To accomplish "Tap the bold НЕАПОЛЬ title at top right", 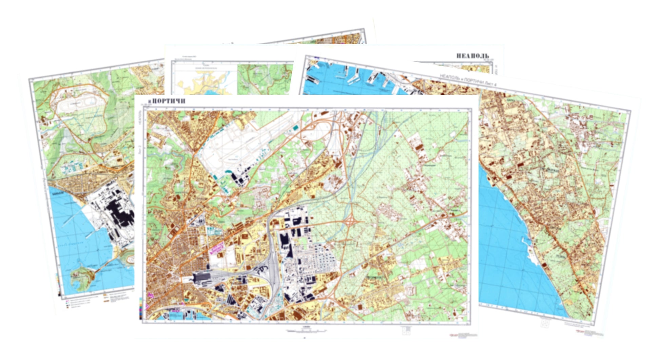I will tap(472, 56).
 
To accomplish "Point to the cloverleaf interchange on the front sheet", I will tap(350, 222).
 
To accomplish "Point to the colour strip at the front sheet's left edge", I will tap(140, 309).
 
